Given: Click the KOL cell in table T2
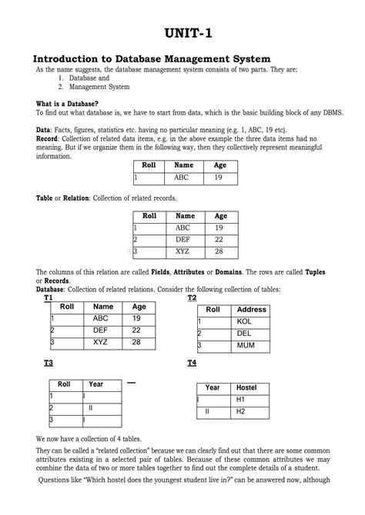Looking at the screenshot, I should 244,322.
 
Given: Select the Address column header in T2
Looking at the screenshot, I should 252,310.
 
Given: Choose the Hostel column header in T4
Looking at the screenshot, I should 246,387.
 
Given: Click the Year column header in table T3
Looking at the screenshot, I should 96,384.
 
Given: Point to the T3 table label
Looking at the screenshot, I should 49,361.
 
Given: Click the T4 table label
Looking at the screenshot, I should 192,362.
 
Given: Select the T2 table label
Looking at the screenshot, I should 192,297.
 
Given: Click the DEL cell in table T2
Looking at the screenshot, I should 244,334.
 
